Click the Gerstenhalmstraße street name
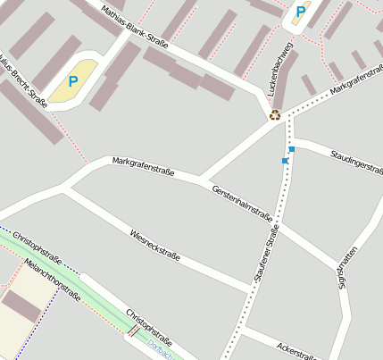[243, 203]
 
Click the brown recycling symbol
[275, 114]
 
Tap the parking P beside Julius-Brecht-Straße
[73, 81]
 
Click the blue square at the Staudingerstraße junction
[292, 149]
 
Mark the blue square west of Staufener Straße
[285, 161]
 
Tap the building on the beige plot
[21, 306]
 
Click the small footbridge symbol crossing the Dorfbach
[133, 331]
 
